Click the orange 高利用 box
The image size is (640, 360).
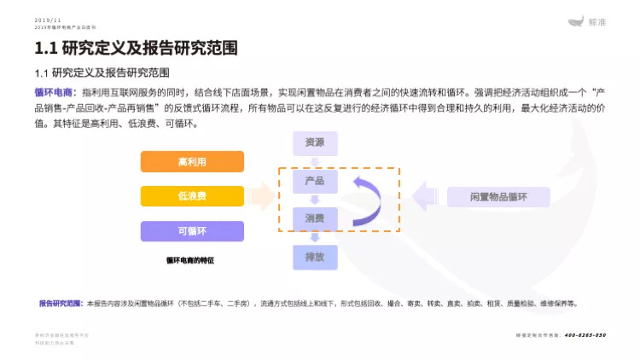click(x=192, y=161)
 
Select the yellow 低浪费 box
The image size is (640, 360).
click(x=192, y=196)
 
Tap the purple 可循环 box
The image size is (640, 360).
click(x=192, y=231)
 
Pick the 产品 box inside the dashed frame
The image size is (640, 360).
click(x=314, y=182)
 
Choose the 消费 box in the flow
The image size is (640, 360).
click(x=314, y=218)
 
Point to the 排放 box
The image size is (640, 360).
click(x=314, y=256)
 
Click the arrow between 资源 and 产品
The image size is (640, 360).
click(x=314, y=162)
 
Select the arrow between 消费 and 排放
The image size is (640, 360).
click(x=314, y=237)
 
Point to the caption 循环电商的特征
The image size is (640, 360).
click(x=190, y=260)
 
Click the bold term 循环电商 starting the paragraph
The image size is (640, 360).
click(x=55, y=91)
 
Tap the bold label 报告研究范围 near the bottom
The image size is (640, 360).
click(x=61, y=304)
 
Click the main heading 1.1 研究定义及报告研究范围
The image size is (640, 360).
click(x=135, y=48)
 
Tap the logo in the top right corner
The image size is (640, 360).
click(x=587, y=23)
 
